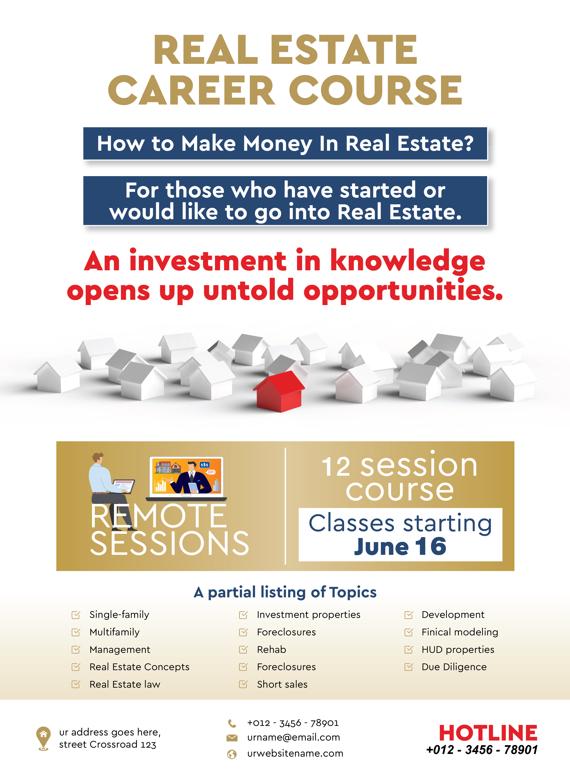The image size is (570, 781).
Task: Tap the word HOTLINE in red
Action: pyautogui.click(x=488, y=733)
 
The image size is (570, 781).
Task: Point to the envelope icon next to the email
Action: pyautogui.click(x=232, y=737)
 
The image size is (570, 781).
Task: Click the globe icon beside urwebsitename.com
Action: pyautogui.click(x=232, y=754)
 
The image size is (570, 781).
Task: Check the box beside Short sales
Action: pyautogui.click(x=243, y=685)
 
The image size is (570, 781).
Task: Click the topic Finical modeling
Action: pyautogui.click(x=460, y=632)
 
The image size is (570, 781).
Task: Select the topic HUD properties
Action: pyautogui.click(x=458, y=650)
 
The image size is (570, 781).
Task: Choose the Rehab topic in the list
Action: pyautogui.click(x=272, y=650)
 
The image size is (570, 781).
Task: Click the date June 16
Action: pyautogui.click(x=400, y=547)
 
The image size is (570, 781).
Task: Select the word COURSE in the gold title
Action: pyautogui.click(x=375, y=90)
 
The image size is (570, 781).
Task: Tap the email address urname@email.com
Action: pyautogui.click(x=294, y=737)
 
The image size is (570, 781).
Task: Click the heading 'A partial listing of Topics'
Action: pyautogui.click(x=285, y=592)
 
